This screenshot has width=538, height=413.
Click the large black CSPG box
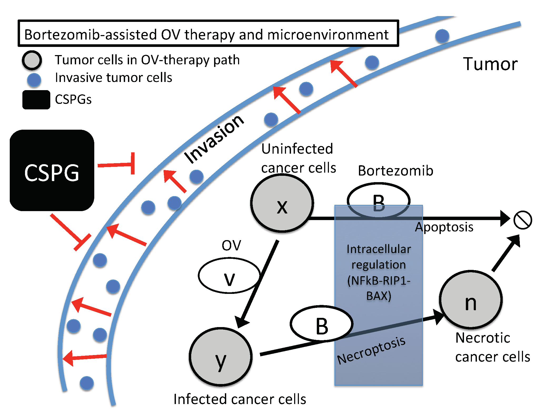tap(52, 171)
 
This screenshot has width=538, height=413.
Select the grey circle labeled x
tap(282, 203)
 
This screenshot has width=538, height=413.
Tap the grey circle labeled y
tap(220, 357)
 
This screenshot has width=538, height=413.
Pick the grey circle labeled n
tap(471, 300)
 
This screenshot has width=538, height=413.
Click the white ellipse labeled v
tap(229, 276)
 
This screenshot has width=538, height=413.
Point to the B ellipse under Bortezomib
tap(378, 201)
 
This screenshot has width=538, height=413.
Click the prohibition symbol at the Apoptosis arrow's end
tap(523, 220)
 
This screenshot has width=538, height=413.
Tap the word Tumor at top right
tap(490, 64)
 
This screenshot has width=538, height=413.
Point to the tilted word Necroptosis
tap(371, 351)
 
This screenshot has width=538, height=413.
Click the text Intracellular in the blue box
tap(379, 249)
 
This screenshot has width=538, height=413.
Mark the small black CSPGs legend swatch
tap(36, 100)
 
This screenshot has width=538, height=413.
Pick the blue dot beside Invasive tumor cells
tap(34, 80)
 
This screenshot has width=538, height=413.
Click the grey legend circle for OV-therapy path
tap(32, 60)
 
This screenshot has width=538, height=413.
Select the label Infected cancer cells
tap(240, 399)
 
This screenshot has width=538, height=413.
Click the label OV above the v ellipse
tap(231, 245)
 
